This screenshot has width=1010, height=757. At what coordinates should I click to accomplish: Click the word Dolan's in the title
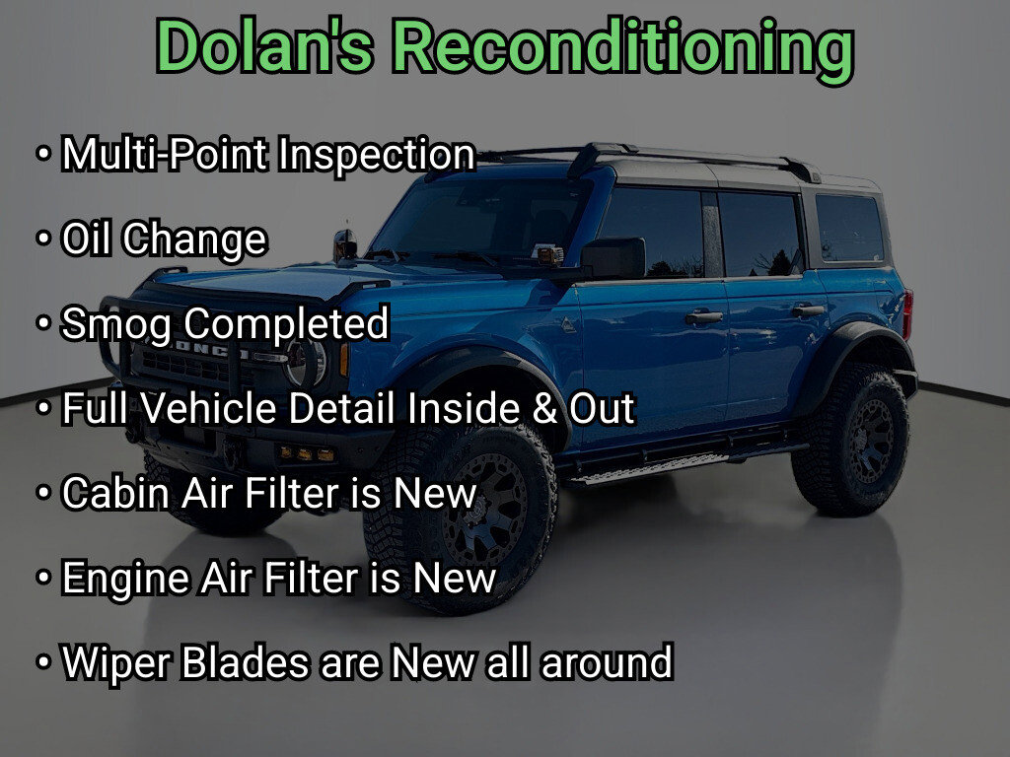tap(264, 46)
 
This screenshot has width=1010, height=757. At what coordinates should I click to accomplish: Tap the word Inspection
tap(377, 155)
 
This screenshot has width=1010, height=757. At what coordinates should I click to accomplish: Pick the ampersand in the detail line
tap(544, 409)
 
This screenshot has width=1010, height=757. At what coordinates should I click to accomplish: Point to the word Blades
tap(246, 661)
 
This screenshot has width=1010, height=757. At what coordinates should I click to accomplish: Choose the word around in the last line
tap(607, 663)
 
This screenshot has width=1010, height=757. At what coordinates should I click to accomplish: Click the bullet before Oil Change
tap(43, 239)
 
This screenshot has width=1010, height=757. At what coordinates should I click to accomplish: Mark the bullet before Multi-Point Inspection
tap(43, 155)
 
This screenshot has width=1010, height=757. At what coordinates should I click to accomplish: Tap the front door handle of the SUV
tap(703, 316)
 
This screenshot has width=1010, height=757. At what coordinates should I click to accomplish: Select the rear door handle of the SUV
tap(808, 310)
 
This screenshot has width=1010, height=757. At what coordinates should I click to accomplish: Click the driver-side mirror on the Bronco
tap(613, 258)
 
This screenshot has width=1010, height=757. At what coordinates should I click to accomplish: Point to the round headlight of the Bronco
tap(307, 363)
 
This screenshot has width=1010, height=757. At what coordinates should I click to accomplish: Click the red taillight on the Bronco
tap(908, 314)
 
